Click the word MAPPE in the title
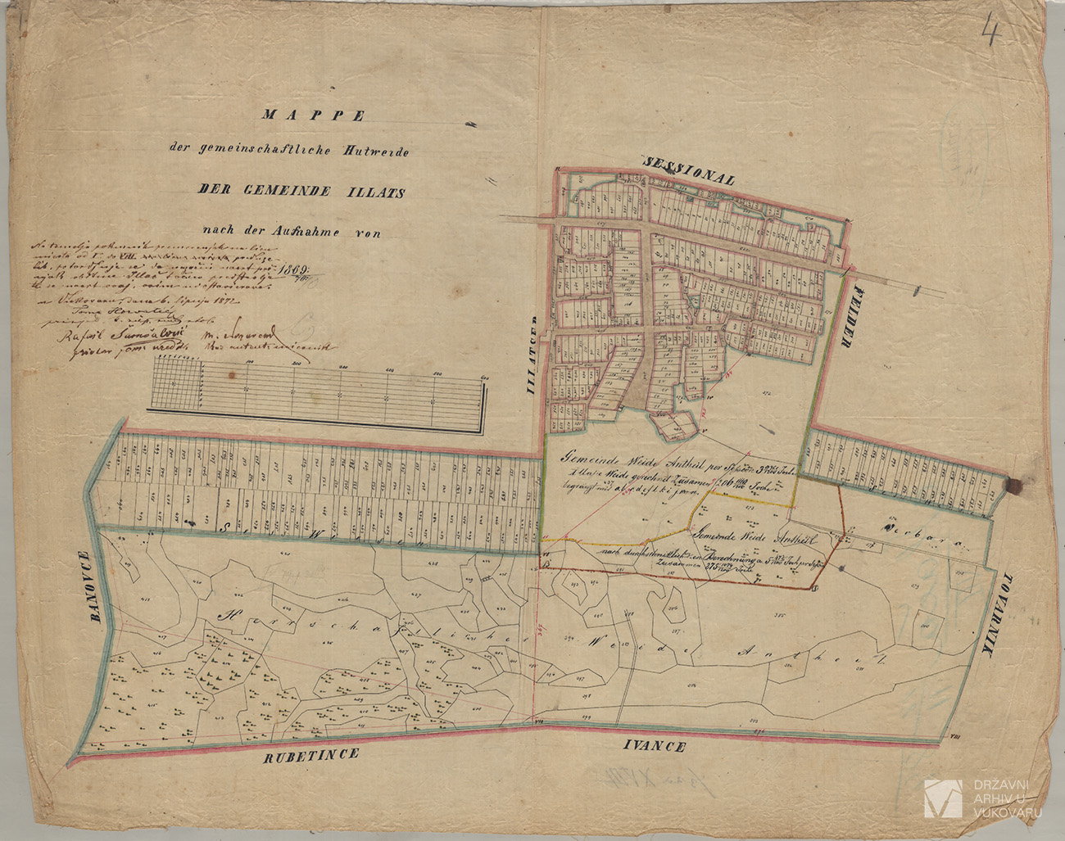tap(312, 115)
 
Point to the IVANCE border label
tap(654, 746)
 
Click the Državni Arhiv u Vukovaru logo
tap(943, 798)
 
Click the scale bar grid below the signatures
tap(319, 396)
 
